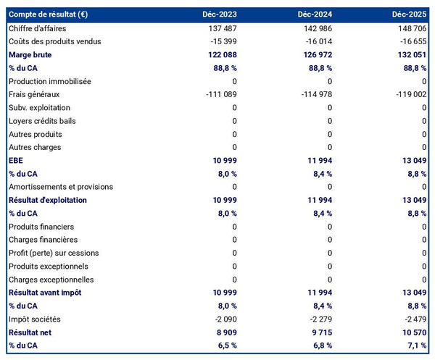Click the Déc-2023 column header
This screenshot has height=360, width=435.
coord(220,14)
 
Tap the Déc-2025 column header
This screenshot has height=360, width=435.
coord(410,14)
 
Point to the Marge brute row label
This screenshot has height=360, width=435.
coord(30,55)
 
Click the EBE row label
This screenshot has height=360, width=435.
coord(16,161)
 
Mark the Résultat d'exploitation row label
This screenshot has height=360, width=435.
coord(48,200)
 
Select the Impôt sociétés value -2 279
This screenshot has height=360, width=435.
coord(318,319)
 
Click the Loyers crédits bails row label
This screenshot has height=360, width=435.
coord(42,121)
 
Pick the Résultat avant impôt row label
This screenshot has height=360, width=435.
coord(45,293)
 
